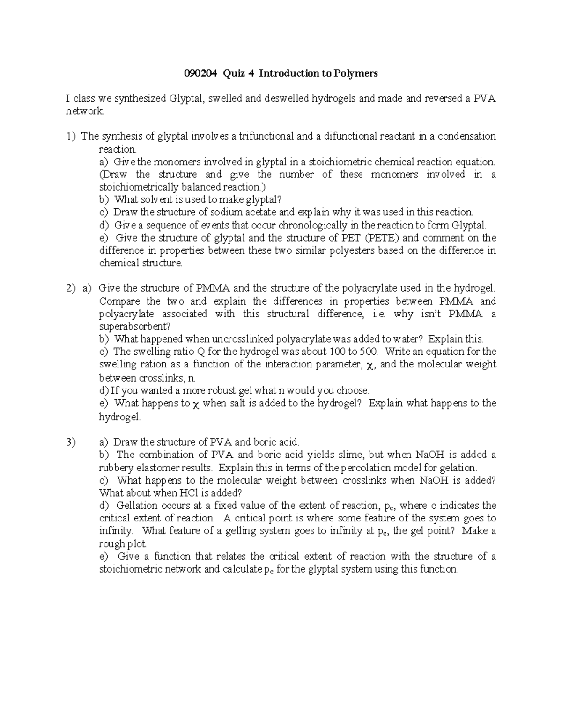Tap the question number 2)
click(71, 288)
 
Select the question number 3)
click(71, 442)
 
